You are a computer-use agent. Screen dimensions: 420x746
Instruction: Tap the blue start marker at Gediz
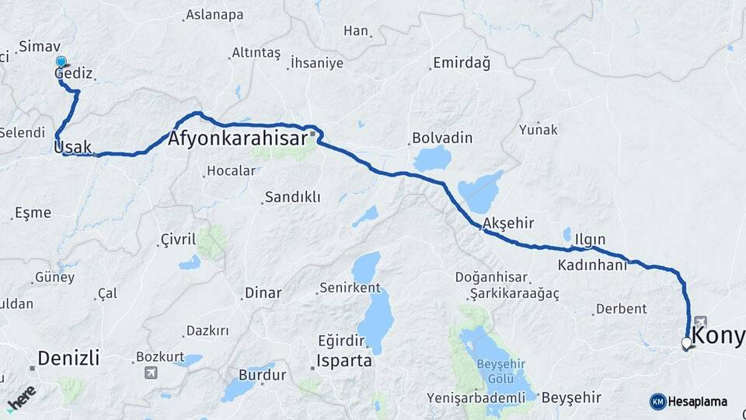[61, 61]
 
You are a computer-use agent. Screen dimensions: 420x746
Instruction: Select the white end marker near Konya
[686, 342]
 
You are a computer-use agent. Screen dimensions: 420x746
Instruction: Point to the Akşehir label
[508, 223]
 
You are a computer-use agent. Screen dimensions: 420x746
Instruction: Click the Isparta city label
[344, 362]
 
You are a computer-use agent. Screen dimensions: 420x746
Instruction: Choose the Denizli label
[68, 359]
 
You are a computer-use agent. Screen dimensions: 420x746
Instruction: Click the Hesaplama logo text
[697, 402]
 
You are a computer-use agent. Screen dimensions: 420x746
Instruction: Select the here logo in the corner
[21, 397]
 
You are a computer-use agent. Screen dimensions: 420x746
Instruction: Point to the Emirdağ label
[462, 63]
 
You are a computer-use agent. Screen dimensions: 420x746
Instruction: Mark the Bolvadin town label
[441, 138]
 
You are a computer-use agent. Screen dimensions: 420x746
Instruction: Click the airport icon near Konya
[700, 321]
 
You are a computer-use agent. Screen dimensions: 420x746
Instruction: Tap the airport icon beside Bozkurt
[150, 373]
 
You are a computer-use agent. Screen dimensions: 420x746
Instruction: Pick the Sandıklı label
[292, 198]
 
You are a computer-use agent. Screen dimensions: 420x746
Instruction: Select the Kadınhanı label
[592, 265]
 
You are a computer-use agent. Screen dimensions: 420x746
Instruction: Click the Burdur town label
[263, 375]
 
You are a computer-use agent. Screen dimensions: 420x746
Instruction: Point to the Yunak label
[539, 129]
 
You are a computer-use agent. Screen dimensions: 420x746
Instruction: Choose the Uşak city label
[73, 146]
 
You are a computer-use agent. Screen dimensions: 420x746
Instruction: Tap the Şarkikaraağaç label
[514, 293]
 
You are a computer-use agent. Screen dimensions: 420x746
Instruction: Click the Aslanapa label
[214, 15]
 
